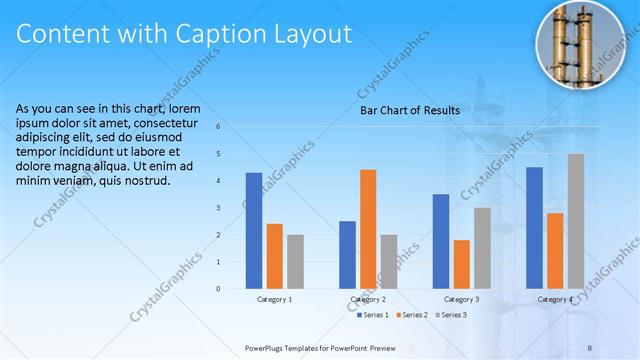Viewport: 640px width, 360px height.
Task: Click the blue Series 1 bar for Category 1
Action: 254,231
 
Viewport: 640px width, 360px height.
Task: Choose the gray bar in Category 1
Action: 295,262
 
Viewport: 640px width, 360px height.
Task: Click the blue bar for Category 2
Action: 347,255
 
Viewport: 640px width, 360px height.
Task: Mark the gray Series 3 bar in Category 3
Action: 482,248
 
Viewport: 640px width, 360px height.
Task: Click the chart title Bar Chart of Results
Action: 409,111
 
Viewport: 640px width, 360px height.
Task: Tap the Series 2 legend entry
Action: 413,315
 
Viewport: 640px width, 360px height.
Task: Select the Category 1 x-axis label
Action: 275,299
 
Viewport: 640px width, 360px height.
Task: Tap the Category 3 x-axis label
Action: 461,299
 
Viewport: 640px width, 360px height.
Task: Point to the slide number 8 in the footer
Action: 589,346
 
